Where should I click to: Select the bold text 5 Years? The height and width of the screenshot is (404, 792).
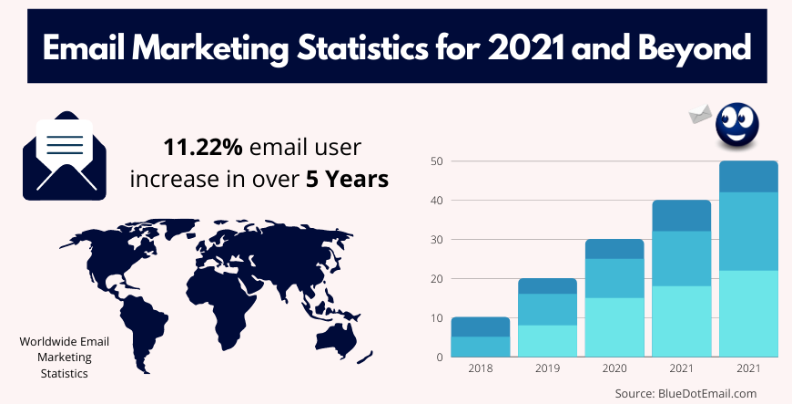point(350,179)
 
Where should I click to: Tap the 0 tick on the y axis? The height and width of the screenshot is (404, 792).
point(439,357)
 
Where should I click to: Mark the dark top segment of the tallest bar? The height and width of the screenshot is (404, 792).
point(748,177)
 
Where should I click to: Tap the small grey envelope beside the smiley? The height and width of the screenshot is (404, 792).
point(700,113)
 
